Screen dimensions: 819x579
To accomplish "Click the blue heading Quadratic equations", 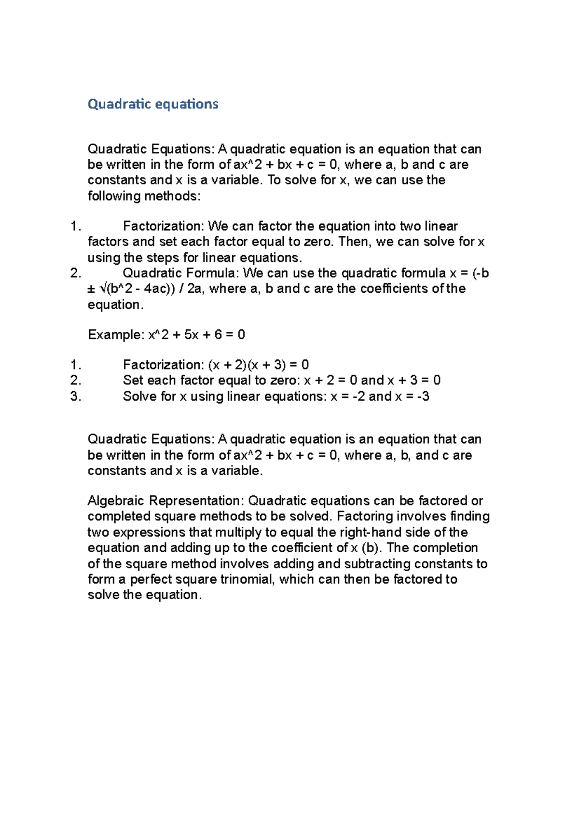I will click(x=153, y=104).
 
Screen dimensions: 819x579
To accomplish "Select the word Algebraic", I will click(x=116, y=501).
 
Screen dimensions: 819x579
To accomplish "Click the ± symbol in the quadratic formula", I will click(x=92, y=289).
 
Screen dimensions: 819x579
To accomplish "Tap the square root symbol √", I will click(x=103, y=289).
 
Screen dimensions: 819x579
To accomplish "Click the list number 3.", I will click(x=75, y=396).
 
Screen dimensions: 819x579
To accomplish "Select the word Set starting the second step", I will click(x=133, y=381).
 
